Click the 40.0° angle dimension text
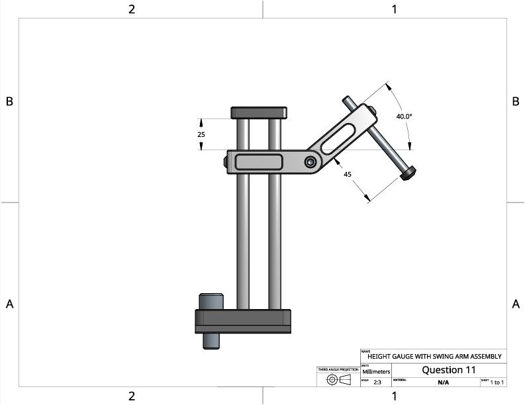(x=404, y=116)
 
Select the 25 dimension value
(x=201, y=134)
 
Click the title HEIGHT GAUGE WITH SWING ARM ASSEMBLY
(x=435, y=357)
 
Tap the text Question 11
(x=448, y=370)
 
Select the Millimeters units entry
(x=376, y=372)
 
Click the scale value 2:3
(x=377, y=382)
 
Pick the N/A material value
(x=443, y=382)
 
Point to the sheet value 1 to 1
(x=497, y=382)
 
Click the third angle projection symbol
(x=338, y=380)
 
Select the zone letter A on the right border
(x=515, y=304)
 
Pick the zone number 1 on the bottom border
(x=394, y=396)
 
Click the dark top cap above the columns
(x=258, y=112)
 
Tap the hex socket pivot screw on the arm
(x=310, y=161)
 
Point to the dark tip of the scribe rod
(x=408, y=173)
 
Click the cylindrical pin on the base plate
(x=211, y=302)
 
